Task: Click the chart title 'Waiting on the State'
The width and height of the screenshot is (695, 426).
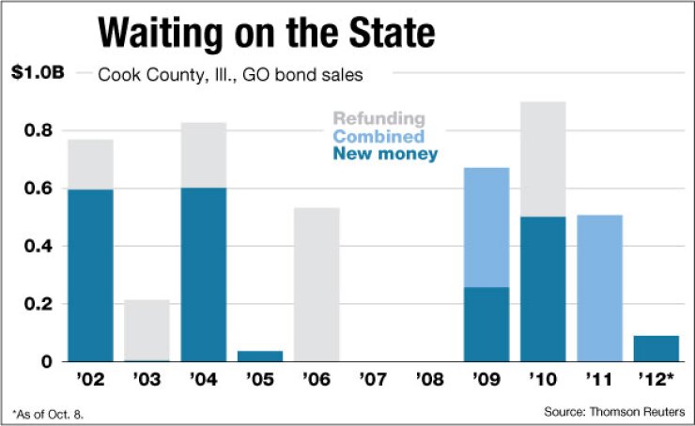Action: coord(267,34)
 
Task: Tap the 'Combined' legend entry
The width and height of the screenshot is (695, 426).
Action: coord(378,136)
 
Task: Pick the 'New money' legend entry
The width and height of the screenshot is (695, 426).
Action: coord(385,154)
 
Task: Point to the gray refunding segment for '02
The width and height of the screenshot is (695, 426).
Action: coord(90,164)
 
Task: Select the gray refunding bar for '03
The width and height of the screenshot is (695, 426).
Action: coord(147,328)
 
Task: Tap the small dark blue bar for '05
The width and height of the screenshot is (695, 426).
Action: coord(261,356)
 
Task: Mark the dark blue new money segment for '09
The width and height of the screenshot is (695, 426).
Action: coord(486,324)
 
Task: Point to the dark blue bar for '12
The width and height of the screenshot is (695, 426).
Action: coord(656,348)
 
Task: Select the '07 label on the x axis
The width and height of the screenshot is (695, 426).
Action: coord(373,382)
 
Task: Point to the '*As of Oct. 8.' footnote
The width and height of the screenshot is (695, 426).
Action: coord(43,412)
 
